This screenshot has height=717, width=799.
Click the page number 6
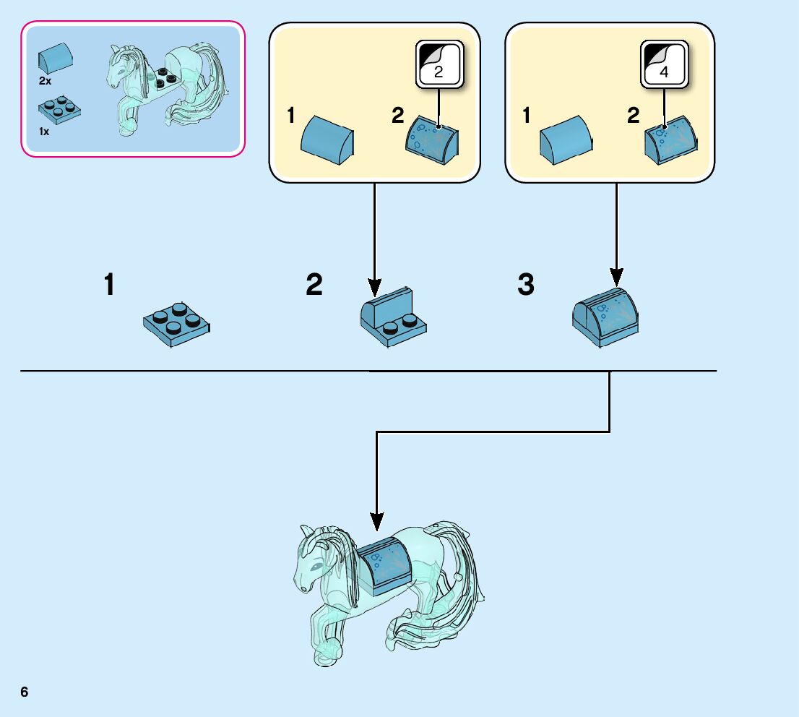tap(25, 692)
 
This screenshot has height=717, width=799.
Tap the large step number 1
tap(109, 285)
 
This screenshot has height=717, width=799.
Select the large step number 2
tap(314, 285)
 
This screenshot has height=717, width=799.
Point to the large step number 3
tap(526, 285)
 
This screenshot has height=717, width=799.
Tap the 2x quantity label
tap(45, 82)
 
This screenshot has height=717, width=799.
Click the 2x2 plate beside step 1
tap(176, 324)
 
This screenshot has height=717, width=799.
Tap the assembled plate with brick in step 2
tap(393, 317)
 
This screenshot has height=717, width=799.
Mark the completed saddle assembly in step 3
tap(605, 314)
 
